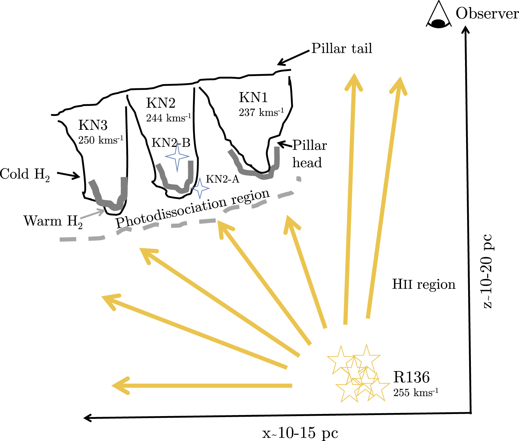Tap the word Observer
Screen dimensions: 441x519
(487, 14)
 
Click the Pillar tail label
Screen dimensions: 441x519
(342, 48)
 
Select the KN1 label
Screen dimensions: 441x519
(253, 98)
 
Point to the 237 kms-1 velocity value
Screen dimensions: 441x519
(261, 112)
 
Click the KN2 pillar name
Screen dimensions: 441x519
(161, 103)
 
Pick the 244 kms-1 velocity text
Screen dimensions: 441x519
(169, 118)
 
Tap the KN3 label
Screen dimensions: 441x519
(93, 125)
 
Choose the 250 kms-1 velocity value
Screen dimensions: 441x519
(101, 140)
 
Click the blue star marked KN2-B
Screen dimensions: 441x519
(177, 156)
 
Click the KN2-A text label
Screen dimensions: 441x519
(222, 179)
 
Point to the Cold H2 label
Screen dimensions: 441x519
(25, 174)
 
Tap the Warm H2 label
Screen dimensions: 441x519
(53, 221)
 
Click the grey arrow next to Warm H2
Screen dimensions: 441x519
(94, 214)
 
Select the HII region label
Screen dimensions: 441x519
(424, 285)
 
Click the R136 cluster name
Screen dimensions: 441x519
(411, 377)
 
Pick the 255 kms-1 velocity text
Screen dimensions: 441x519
(416, 393)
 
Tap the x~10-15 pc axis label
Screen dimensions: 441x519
(300, 433)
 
